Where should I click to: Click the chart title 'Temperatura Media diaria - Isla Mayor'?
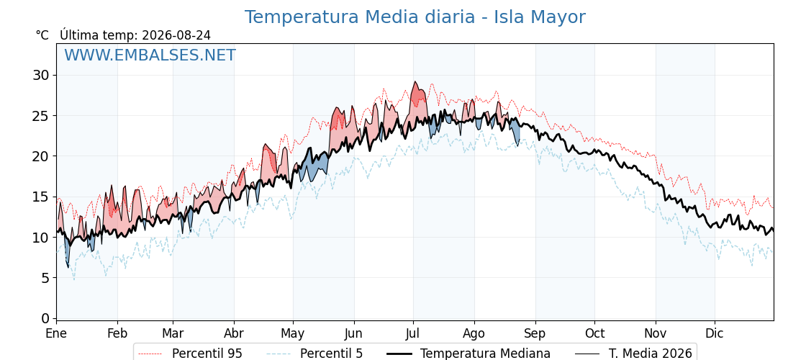click(x=415, y=17)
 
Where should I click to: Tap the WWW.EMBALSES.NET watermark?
click(x=150, y=55)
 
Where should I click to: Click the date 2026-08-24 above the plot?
click(x=176, y=35)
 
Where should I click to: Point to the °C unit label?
click(x=42, y=35)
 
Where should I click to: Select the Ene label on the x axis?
click(x=57, y=333)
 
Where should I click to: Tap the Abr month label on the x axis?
click(x=234, y=333)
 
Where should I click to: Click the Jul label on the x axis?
click(x=413, y=333)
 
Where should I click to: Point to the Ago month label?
click(x=474, y=334)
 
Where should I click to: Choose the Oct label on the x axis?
click(x=595, y=333)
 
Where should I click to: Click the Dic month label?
click(x=715, y=333)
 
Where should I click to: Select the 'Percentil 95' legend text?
click(x=207, y=354)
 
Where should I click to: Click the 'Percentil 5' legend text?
click(x=331, y=354)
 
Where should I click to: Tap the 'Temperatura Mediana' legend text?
click(x=485, y=354)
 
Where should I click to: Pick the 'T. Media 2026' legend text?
click(x=651, y=354)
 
